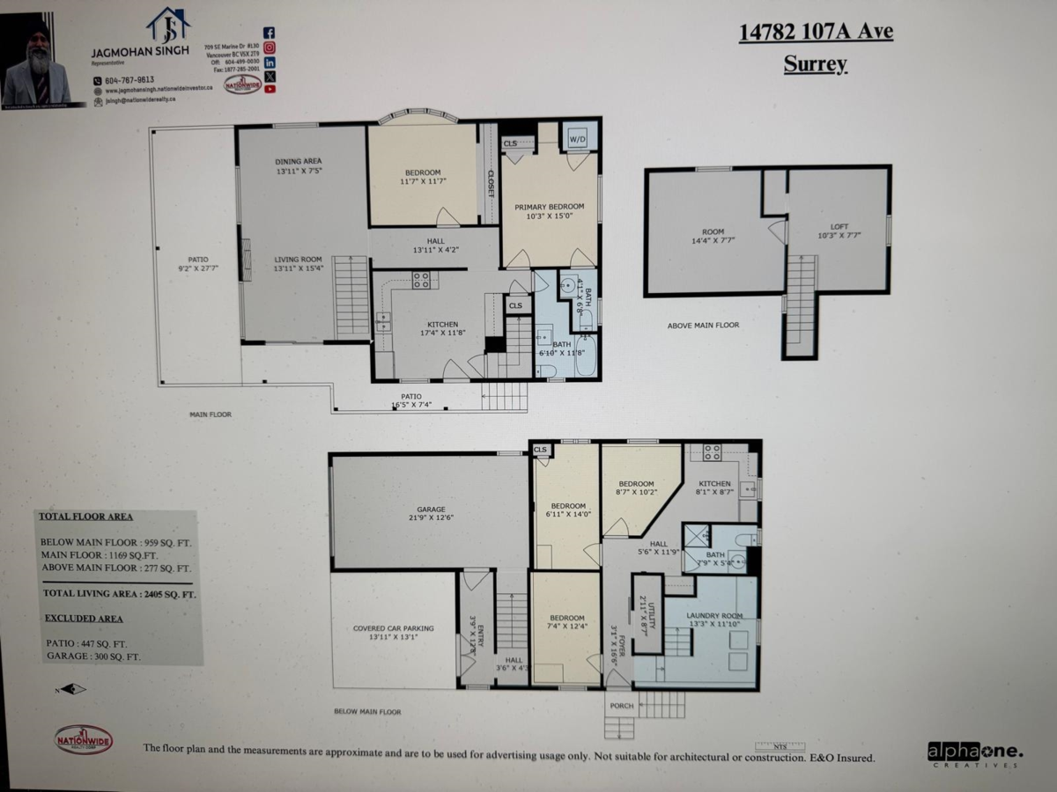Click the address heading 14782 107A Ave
pos(815,33)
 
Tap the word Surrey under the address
pos(815,63)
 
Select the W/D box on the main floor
pos(578,138)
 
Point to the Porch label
pos(621,705)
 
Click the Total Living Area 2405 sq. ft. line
pos(118,595)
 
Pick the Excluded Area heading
pos(85,619)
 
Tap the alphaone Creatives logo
pos(974,753)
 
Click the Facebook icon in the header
pos(270,33)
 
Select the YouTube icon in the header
pos(270,88)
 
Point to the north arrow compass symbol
pos(73,689)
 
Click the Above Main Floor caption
pos(703,325)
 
